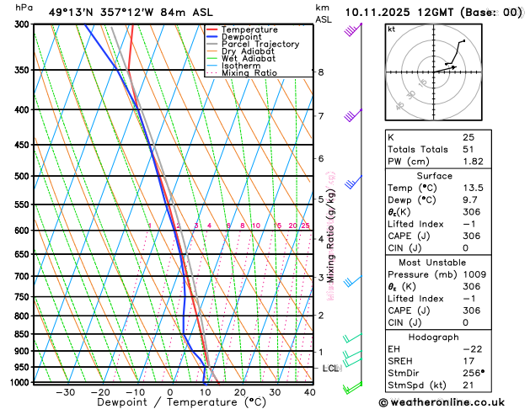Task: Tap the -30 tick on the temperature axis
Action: tap(65, 392)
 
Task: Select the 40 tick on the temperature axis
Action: tap(310, 392)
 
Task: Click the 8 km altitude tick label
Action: tap(320, 72)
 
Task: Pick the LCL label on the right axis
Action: tap(331, 369)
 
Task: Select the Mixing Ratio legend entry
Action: tap(249, 72)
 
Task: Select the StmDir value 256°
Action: tap(474, 373)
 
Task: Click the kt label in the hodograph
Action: tap(391, 29)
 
